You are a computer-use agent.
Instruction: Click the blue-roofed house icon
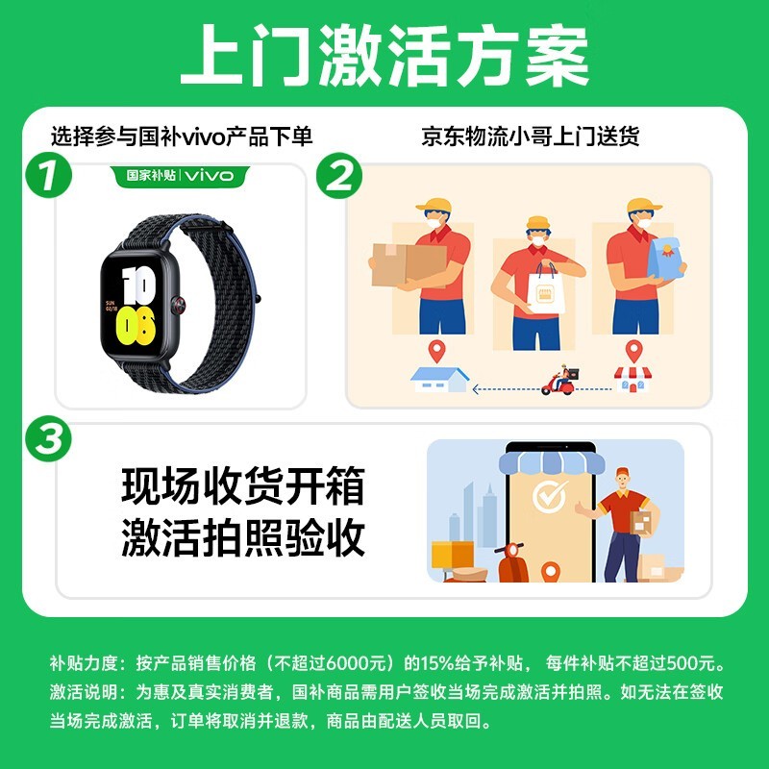pyautogui.click(x=439, y=380)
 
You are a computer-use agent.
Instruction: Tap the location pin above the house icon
pyautogui.click(x=438, y=350)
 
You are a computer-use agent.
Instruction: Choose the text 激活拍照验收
pyautogui.click(x=243, y=538)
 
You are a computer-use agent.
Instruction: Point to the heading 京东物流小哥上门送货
pyautogui.click(x=531, y=136)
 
